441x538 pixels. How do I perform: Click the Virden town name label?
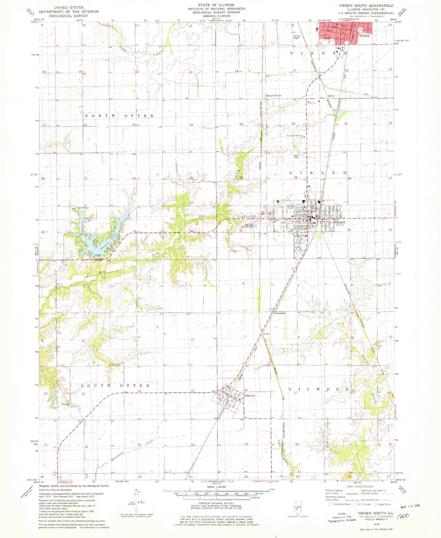point(364,36)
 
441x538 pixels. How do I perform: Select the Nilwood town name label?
point(249,395)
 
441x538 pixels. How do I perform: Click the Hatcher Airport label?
point(296,37)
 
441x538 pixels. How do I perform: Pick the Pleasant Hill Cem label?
point(273,96)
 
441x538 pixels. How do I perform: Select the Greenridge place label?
point(279,313)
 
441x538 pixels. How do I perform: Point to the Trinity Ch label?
point(311,103)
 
